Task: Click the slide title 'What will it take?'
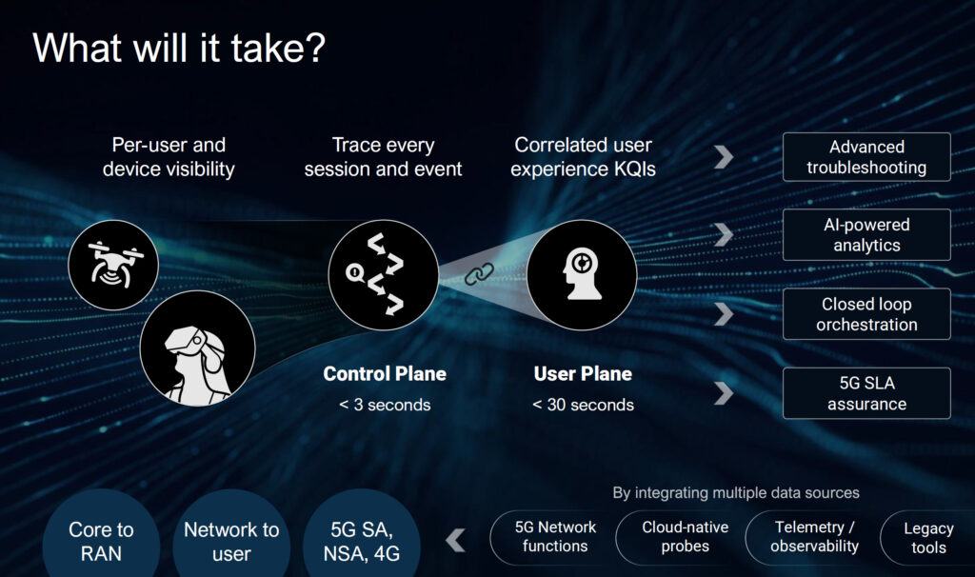pyautogui.click(x=179, y=48)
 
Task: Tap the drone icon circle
pyautogui.click(x=113, y=265)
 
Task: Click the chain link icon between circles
pyautogui.click(x=480, y=273)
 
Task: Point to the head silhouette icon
pyautogui.click(x=582, y=274)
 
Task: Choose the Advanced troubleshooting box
pyautogui.click(x=866, y=157)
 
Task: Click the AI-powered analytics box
pyautogui.click(x=866, y=234)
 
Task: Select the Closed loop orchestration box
pyautogui.click(x=866, y=314)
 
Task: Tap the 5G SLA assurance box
pyautogui.click(x=866, y=393)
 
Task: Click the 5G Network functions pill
pyautogui.click(x=555, y=537)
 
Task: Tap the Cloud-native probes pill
pyautogui.click(x=685, y=537)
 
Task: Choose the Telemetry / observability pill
pyautogui.click(x=815, y=537)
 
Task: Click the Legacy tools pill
pyautogui.click(x=927, y=537)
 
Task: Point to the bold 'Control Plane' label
pyautogui.click(x=385, y=373)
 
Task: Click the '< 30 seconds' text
pyautogui.click(x=584, y=405)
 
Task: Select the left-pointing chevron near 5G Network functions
pyautogui.click(x=456, y=540)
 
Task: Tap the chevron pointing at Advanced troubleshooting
pyautogui.click(x=724, y=157)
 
